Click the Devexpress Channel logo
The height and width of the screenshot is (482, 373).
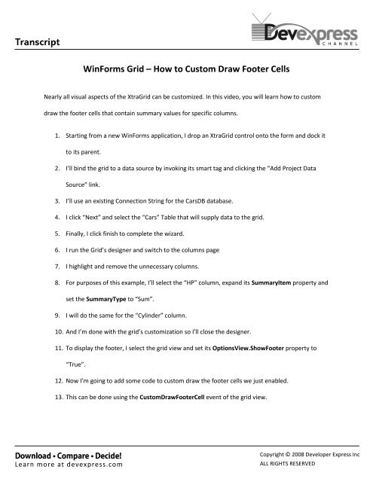305,31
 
